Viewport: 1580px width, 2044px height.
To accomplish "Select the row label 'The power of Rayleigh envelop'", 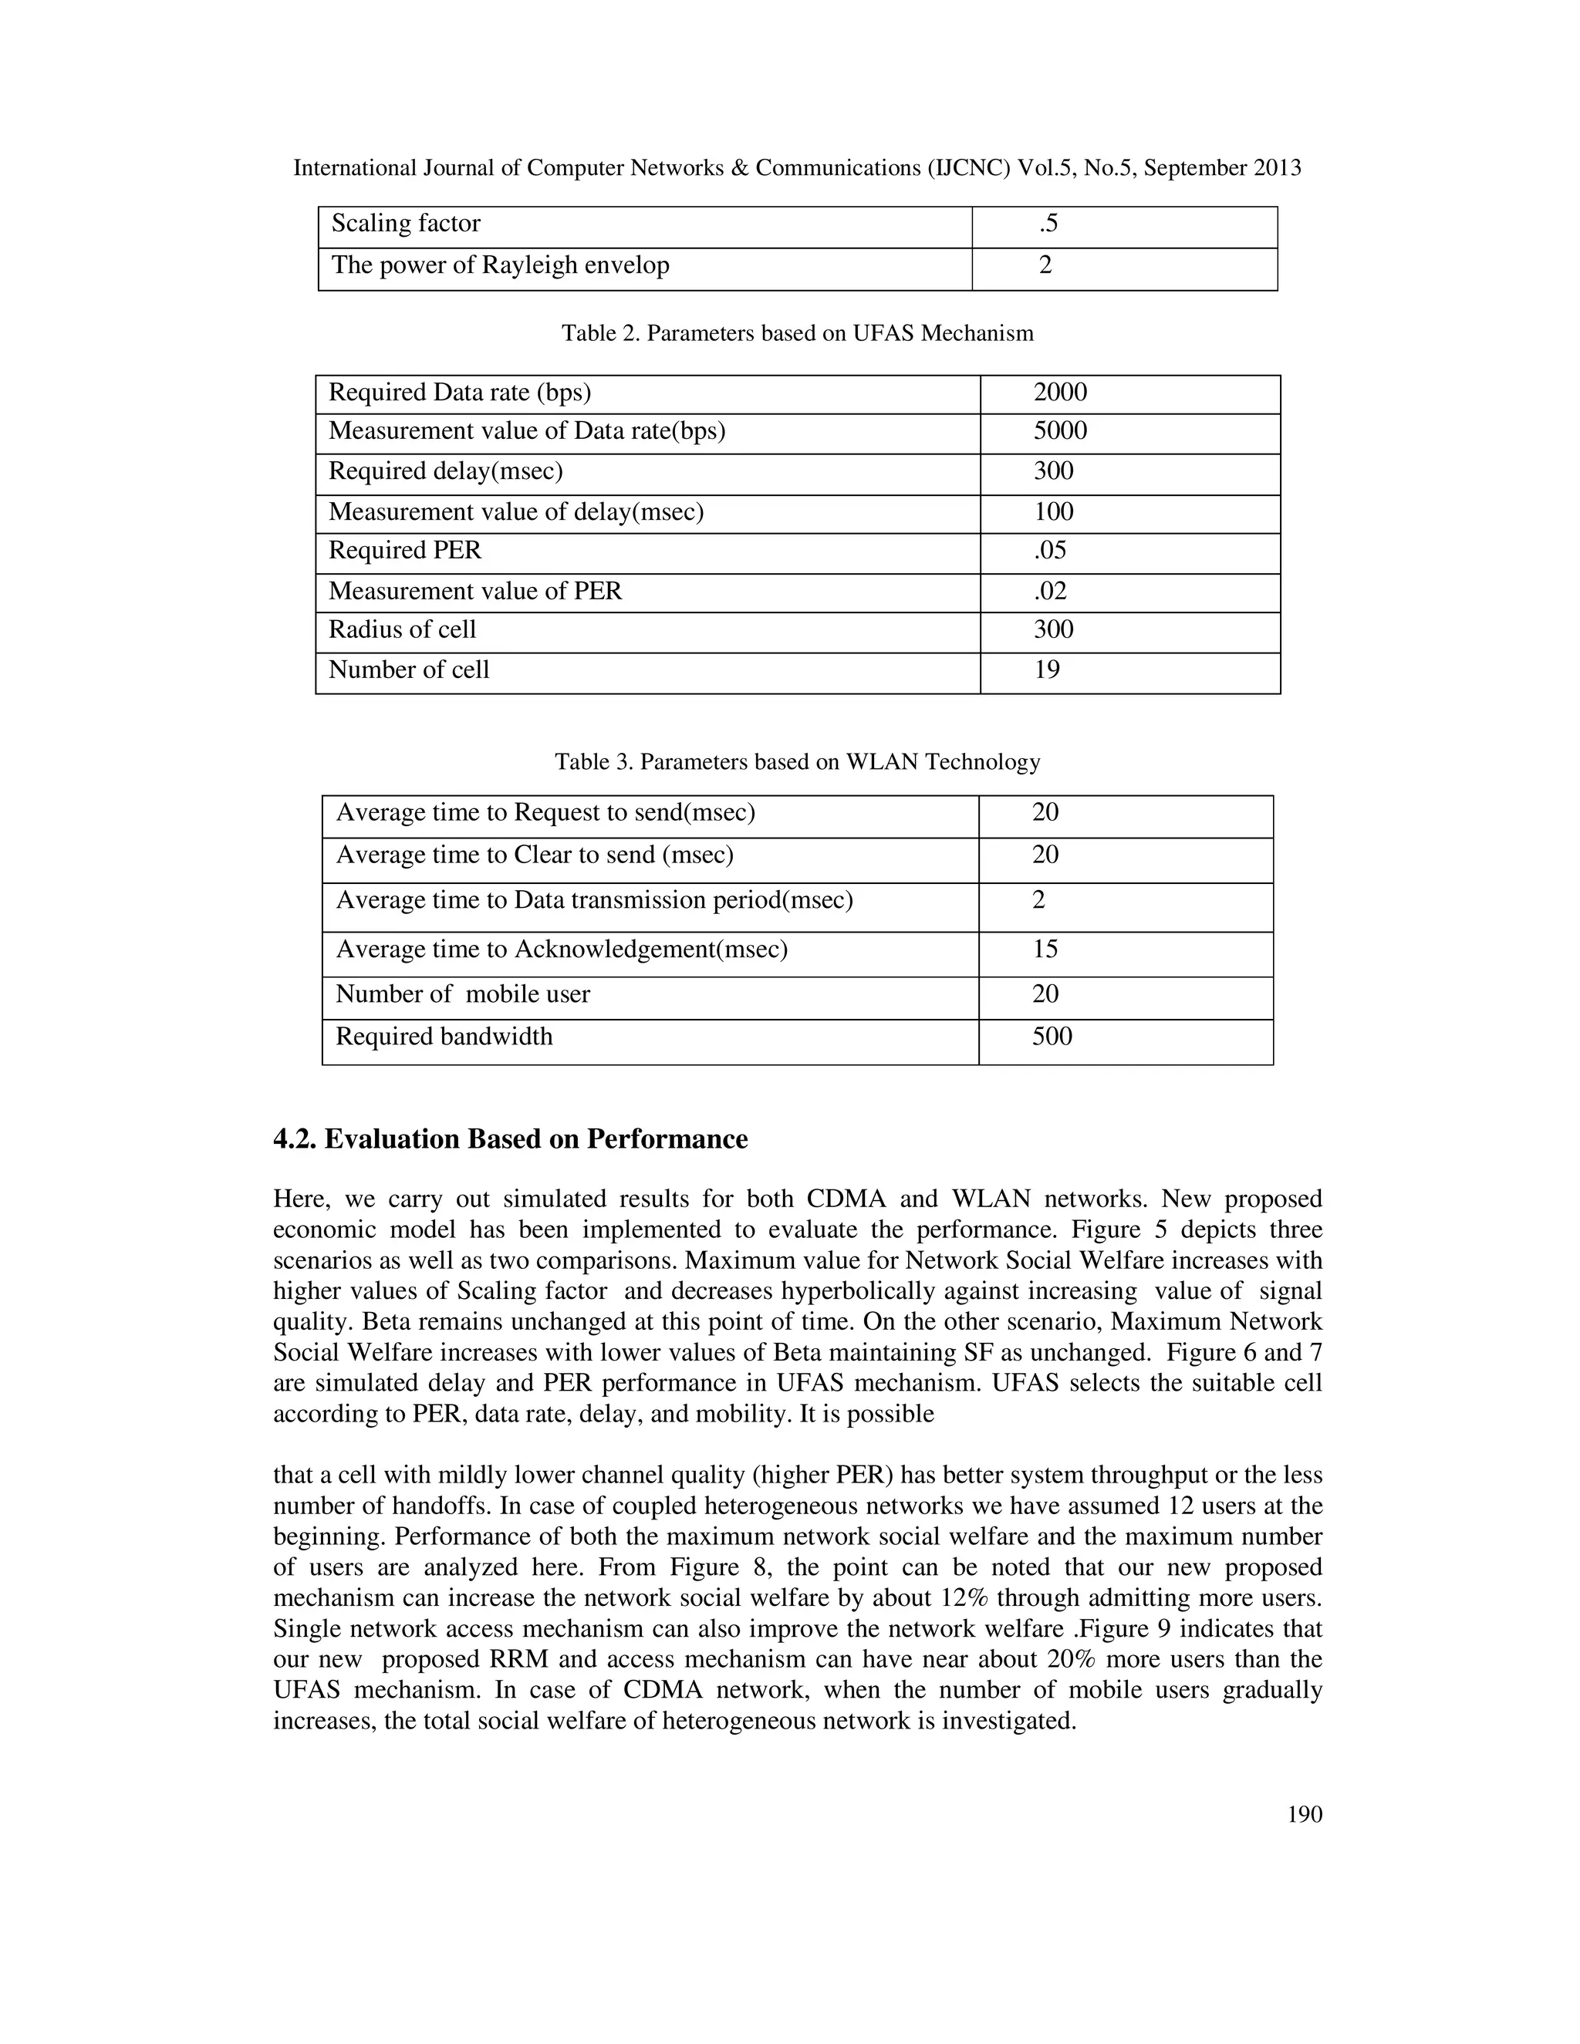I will [500, 266].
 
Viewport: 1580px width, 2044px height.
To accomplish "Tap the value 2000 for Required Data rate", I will [1059, 392].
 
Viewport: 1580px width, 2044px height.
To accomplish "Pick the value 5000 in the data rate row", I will [1059, 431].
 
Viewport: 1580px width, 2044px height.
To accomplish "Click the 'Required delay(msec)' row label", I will [446, 471].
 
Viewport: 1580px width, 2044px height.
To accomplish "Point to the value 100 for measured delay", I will [1053, 512].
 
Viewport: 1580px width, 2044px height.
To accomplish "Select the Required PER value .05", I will [1049, 550].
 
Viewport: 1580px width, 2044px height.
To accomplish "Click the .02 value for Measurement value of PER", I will [1049, 592].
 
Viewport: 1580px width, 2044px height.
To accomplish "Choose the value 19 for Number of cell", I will [1046, 670].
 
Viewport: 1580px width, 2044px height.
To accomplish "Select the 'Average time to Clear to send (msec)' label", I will [535, 855].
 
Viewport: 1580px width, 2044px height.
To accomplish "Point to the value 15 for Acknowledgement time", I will [1045, 950].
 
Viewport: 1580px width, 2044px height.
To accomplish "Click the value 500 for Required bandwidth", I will [1052, 1037].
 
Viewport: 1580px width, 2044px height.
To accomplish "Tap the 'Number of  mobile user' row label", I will [462, 994].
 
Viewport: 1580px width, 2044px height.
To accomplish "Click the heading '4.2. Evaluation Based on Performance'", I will [510, 1140].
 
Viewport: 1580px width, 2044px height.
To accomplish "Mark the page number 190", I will [1304, 1816].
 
